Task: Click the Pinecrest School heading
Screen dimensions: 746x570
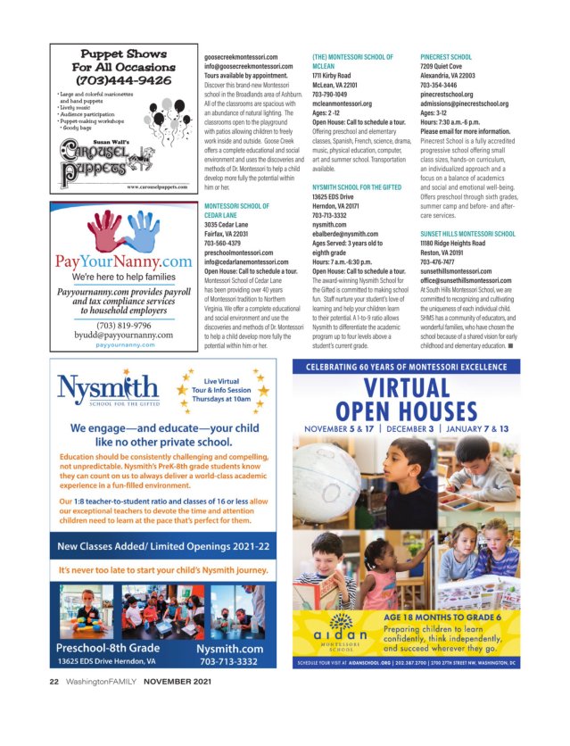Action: pos(446,56)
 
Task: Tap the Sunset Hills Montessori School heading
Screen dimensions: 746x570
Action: pos(467,234)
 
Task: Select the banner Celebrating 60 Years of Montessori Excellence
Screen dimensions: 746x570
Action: pos(434,367)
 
